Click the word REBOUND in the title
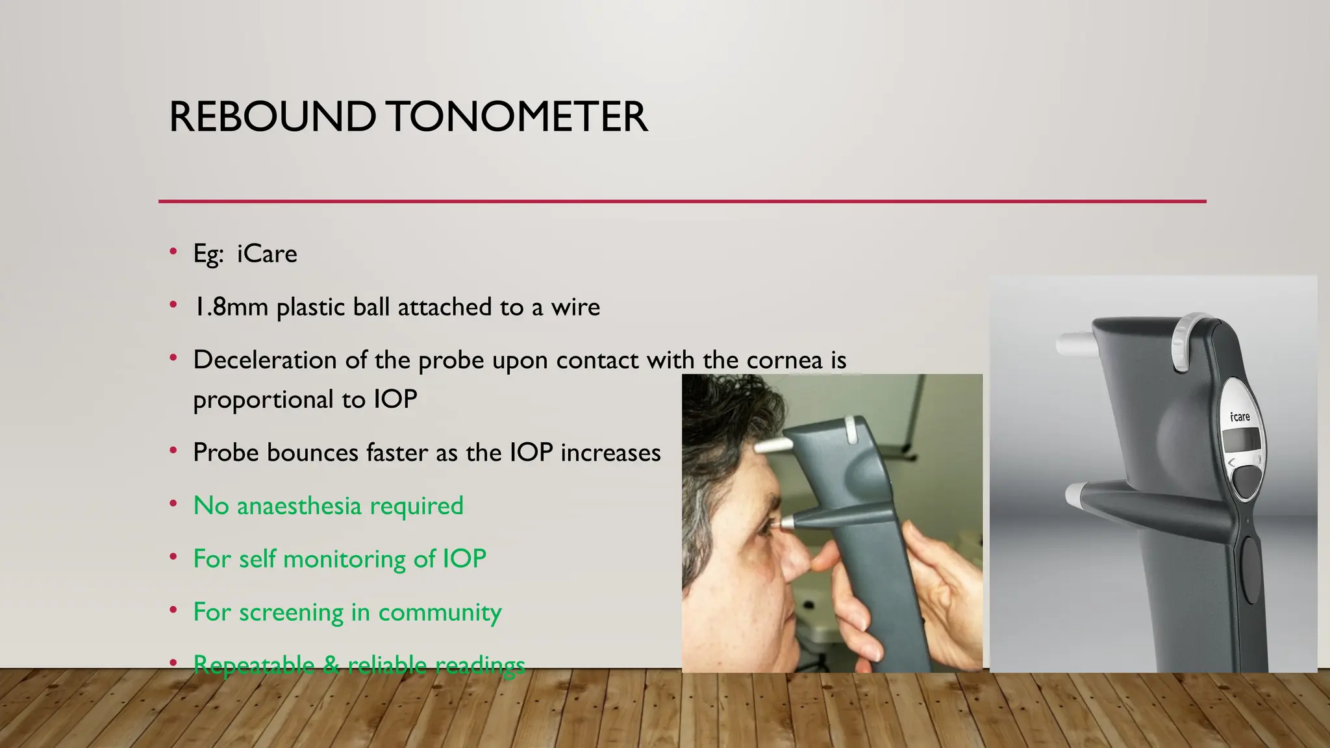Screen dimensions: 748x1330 tap(272, 118)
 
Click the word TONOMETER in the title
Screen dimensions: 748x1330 tap(518, 118)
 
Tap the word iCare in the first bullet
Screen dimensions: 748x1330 tap(267, 254)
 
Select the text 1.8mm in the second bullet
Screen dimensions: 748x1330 tap(231, 307)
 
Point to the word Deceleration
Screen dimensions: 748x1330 tap(264, 360)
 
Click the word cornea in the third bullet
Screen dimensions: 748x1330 tap(784, 360)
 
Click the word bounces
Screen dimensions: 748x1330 tap(312, 453)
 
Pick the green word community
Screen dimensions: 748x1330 tap(440, 612)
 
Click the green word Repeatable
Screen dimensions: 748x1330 tap(253, 665)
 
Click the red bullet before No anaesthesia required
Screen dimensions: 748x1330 tap(173, 505)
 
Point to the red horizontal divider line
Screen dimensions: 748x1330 tap(682, 201)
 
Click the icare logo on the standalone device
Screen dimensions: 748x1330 tap(1240, 416)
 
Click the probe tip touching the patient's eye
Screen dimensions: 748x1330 tap(783, 522)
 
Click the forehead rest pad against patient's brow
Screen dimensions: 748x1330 tap(773, 446)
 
